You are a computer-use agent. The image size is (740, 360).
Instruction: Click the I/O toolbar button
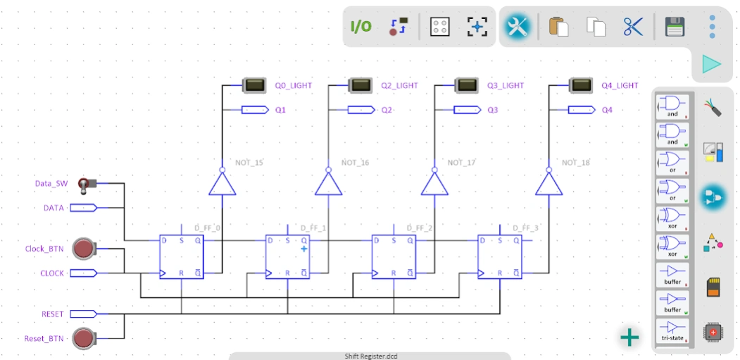coord(361,27)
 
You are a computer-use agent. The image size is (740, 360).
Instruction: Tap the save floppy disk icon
coord(675,27)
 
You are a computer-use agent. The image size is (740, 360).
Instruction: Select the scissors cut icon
coord(633,27)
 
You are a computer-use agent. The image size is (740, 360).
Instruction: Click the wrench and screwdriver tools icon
coord(518,27)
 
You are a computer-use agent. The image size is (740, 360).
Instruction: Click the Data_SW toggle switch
coord(87,185)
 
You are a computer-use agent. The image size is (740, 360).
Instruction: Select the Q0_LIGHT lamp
coord(253,86)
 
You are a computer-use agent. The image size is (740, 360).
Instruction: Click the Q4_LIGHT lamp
coord(580,86)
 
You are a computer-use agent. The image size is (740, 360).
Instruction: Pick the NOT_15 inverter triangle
coord(222,185)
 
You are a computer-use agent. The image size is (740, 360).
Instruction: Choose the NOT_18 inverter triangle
coord(548,185)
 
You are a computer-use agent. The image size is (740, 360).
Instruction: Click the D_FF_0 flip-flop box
coord(181,256)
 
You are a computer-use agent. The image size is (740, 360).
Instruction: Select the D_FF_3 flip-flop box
coord(500,256)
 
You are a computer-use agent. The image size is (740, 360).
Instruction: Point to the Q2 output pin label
coord(387,110)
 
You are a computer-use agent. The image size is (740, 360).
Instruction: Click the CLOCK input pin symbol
coord(84,273)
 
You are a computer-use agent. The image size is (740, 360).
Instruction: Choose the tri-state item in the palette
coord(672,331)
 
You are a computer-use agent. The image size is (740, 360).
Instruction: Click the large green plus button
coord(629,337)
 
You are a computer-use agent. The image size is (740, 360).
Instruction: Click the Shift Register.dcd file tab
coord(370,356)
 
